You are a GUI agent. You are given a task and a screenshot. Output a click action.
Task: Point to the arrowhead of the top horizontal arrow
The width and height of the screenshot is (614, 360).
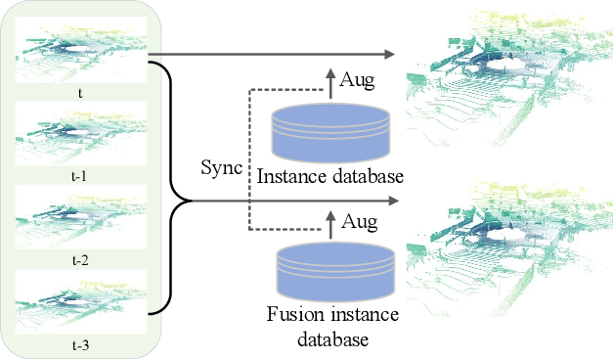[x=394, y=56]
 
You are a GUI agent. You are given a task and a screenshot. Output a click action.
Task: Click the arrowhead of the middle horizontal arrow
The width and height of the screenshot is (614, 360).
[x=394, y=201]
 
